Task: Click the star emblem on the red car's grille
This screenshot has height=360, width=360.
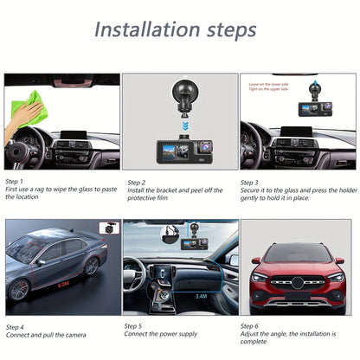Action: [x=297, y=284]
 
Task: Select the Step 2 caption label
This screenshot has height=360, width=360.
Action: [x=137, y=183]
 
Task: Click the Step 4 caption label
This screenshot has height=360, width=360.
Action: [x=16, y=328]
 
